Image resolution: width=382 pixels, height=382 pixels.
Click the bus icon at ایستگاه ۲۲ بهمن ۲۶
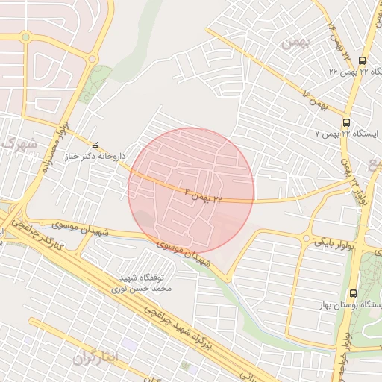(x=363, y=60)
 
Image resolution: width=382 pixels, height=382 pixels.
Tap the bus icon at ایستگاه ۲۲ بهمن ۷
(x=345, y=122)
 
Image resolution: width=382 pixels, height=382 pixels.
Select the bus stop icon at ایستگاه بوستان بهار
(x=353, y=295)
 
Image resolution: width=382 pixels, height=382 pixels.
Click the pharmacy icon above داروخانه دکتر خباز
(x=94, y=145)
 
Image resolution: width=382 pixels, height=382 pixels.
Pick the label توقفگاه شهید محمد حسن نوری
(x=146, y=281)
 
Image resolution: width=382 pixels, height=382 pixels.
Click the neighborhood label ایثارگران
(x=95, y=357)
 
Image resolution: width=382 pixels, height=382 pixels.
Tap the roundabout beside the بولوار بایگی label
(x=305, y=237)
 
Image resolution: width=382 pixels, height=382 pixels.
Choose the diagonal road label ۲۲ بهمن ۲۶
(x=338, y=42)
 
